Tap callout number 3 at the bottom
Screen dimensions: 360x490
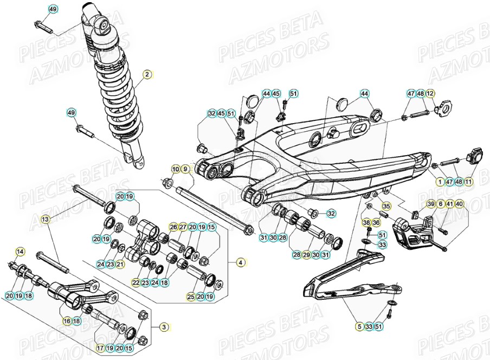coord(164,327)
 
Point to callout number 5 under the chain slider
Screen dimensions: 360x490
coord(359,326)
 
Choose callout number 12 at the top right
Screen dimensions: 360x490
coord(430,94)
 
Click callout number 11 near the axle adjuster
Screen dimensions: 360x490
coord(469,182)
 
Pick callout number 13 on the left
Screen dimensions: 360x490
coord(45,219)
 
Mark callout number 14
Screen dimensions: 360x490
coord(20,252)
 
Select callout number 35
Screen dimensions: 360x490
coord(386,206)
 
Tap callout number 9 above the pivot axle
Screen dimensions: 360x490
coord(185,169)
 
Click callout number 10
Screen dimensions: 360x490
coord(175,169)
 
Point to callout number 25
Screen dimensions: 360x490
coord(191,297)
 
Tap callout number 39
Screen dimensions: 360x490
coord(431,204)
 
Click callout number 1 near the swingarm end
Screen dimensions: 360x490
coord(440,182)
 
